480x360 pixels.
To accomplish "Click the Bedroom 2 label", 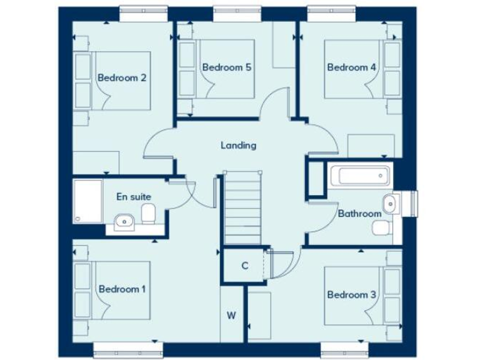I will [122, 78].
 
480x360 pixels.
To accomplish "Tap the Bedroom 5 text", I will [226, 67].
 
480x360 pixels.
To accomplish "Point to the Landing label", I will [238, 146].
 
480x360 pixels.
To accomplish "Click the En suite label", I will [134, 196].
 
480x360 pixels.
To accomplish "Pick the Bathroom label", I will [359, 214].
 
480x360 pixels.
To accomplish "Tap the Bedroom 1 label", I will [122, 289].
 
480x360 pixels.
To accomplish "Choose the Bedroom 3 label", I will [351, 294].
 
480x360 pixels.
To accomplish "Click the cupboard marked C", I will [245, 266].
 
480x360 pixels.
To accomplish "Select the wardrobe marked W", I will [231, 315].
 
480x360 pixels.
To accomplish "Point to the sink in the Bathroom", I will [391, 202].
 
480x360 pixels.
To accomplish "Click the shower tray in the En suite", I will [87, 201].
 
